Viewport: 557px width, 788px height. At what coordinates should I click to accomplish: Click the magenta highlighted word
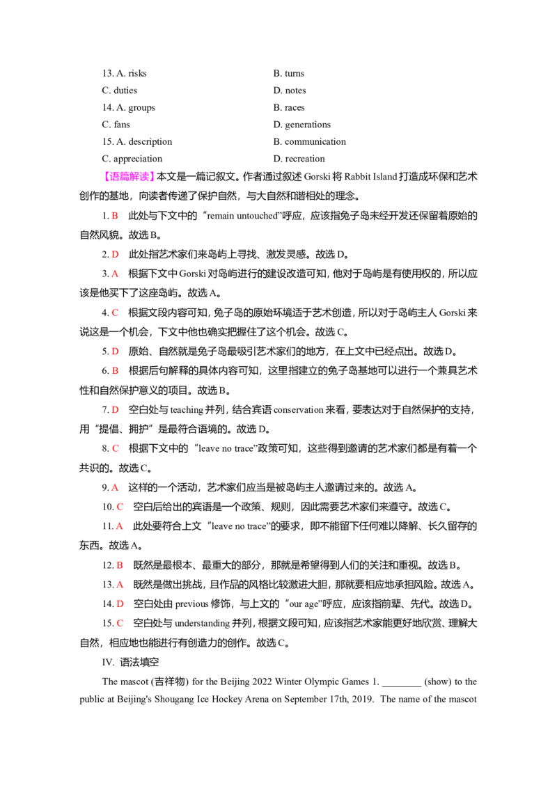(x=129, y=176)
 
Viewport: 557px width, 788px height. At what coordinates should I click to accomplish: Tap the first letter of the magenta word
(x=108, y=176)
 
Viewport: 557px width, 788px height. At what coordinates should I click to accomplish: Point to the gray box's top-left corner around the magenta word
(x=100, y=168)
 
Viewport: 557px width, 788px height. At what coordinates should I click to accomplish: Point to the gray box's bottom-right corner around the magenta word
(x=156, y=184)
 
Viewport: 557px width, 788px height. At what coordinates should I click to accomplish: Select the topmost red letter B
(x=116, y=216)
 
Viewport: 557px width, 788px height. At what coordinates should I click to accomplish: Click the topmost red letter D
(x=116, y=255)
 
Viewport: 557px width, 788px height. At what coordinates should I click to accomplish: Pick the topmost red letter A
(x=116, y=274)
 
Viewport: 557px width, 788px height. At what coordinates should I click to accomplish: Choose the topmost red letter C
(x=116, y=313)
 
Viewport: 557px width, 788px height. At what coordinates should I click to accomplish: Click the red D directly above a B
(x=116, y=351)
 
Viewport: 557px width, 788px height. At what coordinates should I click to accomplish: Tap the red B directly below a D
(x=116, y=370)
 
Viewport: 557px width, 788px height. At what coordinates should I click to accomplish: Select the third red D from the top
(x=116, y=409)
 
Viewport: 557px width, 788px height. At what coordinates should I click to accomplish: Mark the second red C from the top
(x=116, y=448)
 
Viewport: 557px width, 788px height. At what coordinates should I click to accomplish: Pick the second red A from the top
(x=116, y=487)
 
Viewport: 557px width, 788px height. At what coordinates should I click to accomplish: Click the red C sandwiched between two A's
(x=120, y=507)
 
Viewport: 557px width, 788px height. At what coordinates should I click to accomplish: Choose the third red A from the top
(x=120, y=527)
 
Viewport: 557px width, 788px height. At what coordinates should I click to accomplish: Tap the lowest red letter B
(x=120, y=565)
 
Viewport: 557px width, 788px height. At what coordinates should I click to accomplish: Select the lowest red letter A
(x=120, y=584)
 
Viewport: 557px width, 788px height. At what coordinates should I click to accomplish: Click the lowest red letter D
(x=120, y=603)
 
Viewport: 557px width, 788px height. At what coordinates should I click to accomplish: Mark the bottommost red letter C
(x=120, y=622)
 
